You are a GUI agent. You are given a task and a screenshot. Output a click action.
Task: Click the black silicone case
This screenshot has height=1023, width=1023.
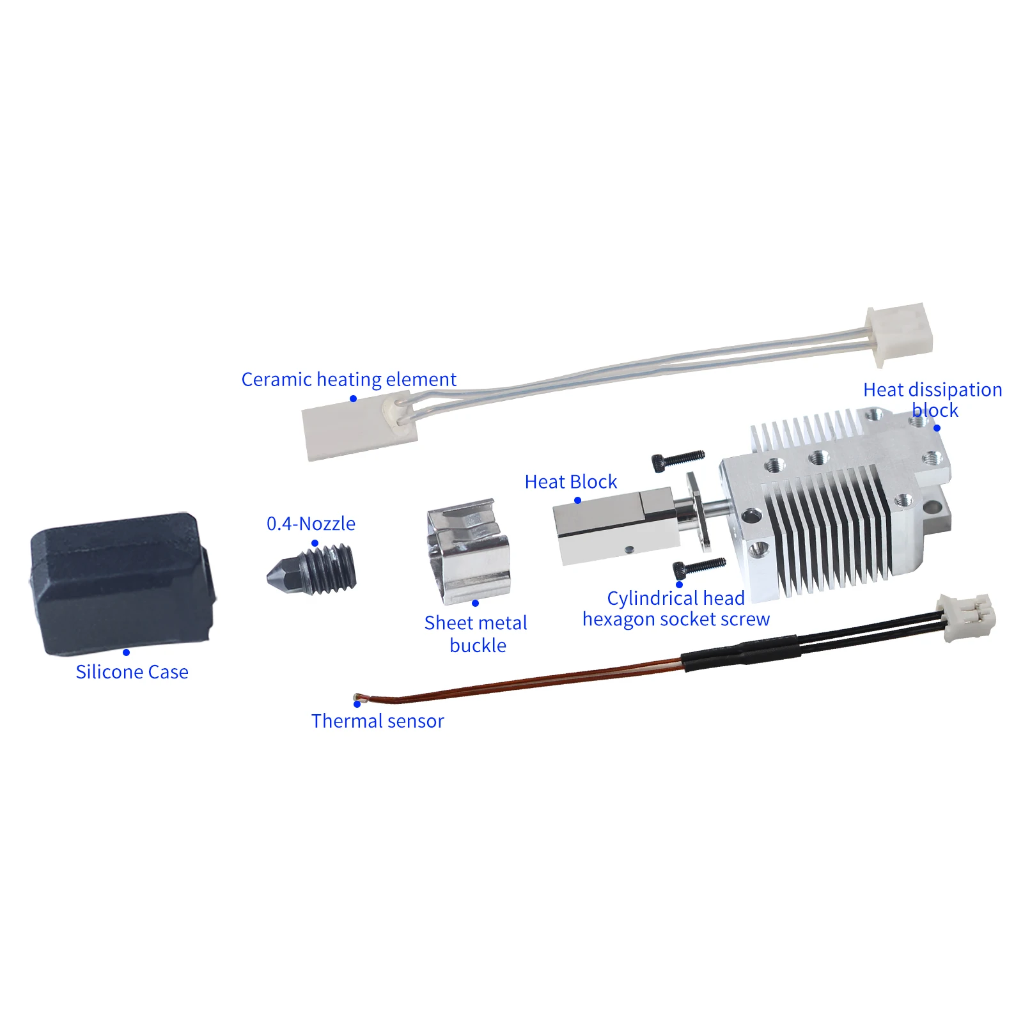click(x=121, y=583)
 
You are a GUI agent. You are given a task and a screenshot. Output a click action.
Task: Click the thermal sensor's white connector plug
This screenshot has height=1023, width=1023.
click(x=966, y=616)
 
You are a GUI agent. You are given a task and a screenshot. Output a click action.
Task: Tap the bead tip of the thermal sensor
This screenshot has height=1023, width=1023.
click(x=356, y=696)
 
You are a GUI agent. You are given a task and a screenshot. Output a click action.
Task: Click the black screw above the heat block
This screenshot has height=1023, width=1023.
click(x=678, y=459)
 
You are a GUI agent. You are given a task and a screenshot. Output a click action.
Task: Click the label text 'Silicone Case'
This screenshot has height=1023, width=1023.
click(x=132, y=672)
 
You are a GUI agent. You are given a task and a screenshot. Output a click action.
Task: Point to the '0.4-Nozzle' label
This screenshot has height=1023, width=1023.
click(x=311, y=524)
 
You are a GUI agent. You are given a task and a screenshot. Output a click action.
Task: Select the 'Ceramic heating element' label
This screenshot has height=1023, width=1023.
click(x=348, y=379)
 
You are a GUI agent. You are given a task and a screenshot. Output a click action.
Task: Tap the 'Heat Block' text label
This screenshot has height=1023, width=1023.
click(x=570, y=481)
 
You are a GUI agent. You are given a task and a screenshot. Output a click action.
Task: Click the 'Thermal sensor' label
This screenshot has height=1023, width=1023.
click(x=377, y=721)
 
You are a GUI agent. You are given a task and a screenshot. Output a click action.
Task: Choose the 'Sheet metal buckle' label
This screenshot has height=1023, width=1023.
click(x=476, y=634)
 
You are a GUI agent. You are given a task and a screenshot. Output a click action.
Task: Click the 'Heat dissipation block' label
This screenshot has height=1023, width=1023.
click(x=932, y=400)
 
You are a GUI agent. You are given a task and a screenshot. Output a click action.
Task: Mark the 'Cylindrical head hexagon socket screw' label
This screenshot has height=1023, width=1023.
click(x=676, y=609)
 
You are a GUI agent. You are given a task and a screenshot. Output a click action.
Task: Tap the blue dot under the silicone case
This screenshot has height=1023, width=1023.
click(x=126, y=653)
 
